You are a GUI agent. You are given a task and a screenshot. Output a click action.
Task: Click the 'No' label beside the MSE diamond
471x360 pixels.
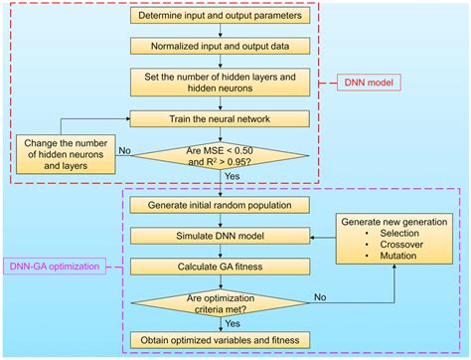coord(124,151)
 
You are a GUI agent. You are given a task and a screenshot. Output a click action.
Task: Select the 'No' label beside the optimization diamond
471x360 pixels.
coord(319,295)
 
